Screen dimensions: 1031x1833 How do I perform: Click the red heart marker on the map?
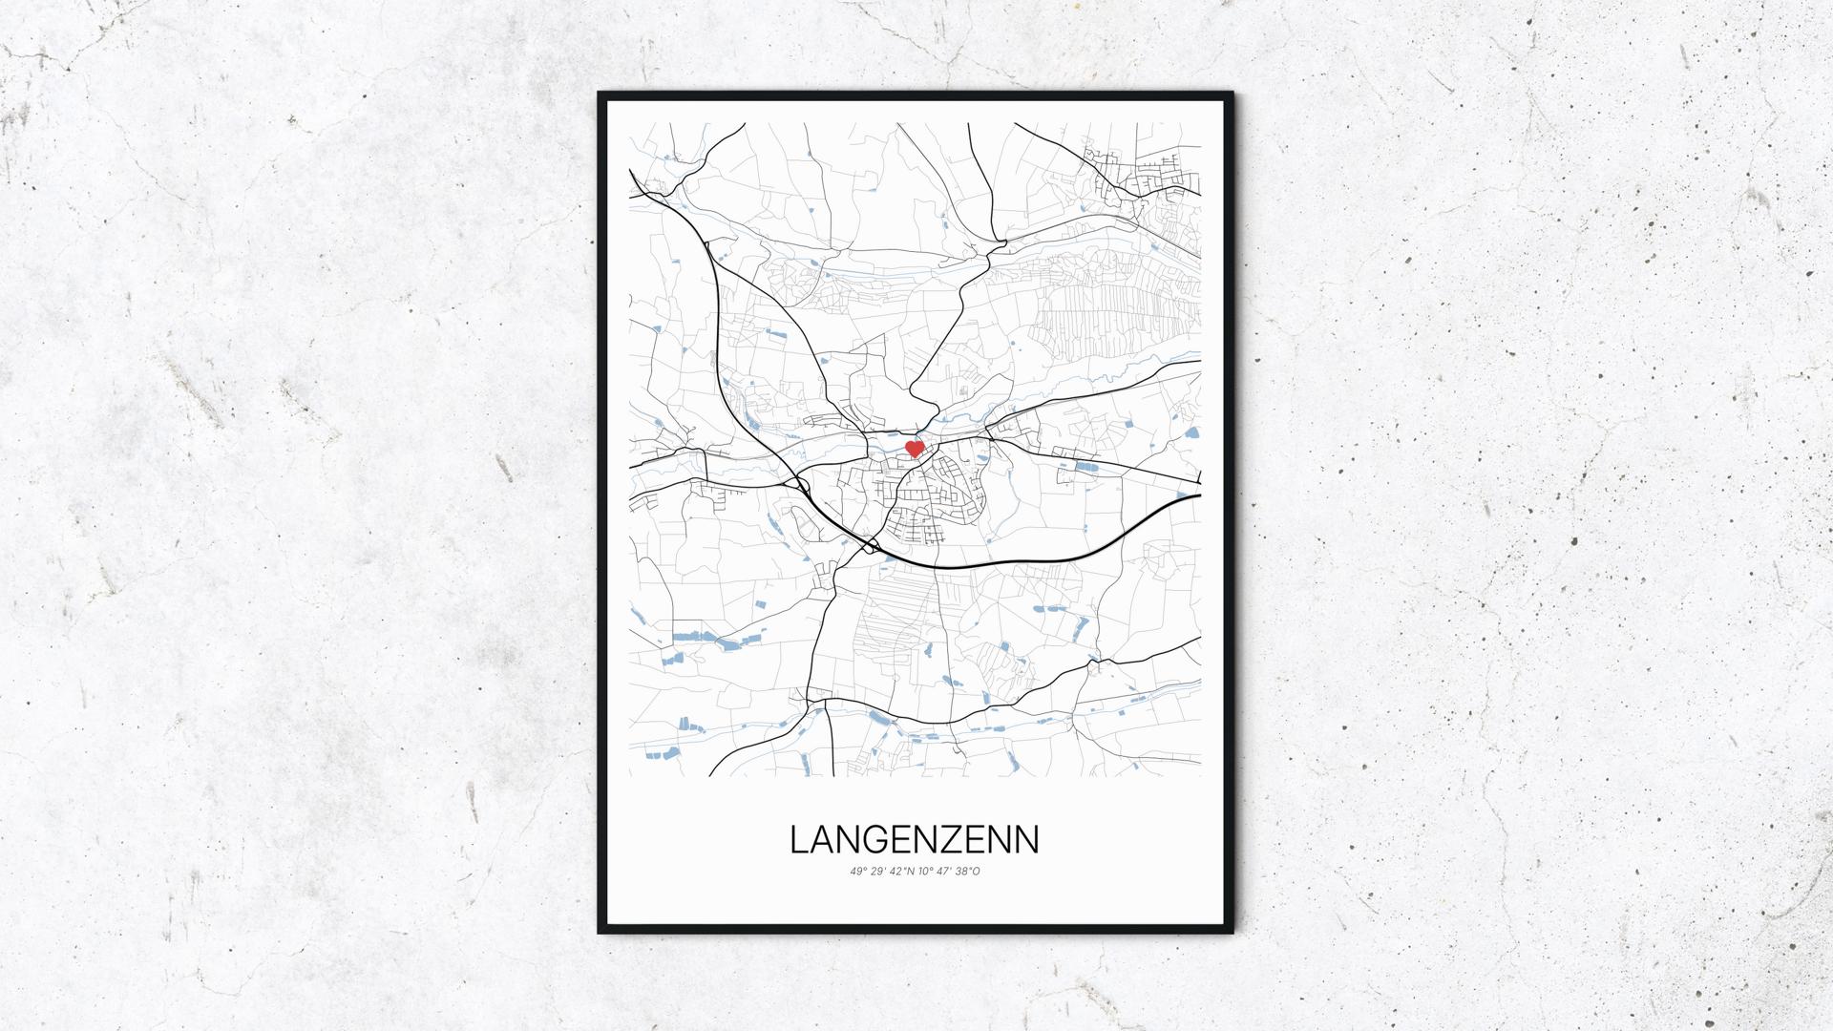tap(915, 448)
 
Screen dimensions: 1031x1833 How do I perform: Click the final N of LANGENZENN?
tap(1027, 839)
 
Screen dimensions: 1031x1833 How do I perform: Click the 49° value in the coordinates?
tap(856, 871)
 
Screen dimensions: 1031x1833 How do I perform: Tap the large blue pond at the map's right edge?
tap(1190, 432)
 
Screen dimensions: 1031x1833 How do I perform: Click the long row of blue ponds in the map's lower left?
tap(706, 636)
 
